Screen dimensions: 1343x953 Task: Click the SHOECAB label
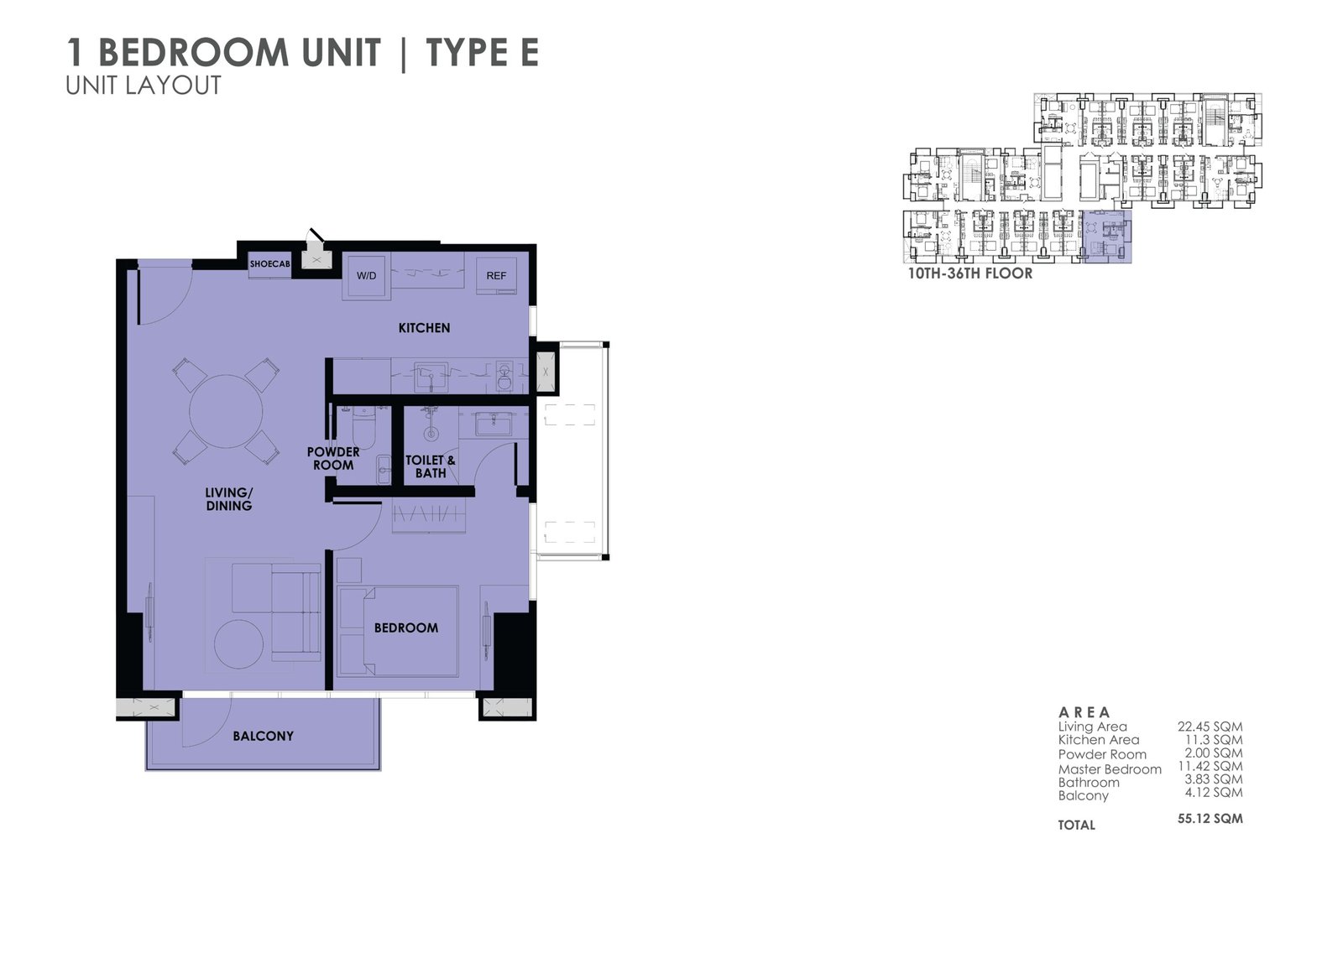[269, 263]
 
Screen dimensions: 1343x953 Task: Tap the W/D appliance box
[366, 276]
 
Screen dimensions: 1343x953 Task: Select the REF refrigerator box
[496, 276]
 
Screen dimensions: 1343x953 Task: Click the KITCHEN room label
[425, 328]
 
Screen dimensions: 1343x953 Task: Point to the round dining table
[226, 411]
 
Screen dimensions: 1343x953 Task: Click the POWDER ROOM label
[333, 459]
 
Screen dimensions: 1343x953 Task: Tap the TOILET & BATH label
[431, 467]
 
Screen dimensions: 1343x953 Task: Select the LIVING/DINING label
[229, 499]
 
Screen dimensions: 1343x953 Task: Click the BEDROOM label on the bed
[406, 628]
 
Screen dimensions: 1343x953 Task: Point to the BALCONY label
[264, 736]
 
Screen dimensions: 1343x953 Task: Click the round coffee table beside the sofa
[238, 644]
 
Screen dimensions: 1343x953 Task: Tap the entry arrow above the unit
[316, 236]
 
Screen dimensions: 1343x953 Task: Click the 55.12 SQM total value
[1210, 819]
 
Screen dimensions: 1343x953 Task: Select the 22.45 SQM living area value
[1210, 726]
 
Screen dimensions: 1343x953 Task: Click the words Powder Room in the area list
[1102, 755]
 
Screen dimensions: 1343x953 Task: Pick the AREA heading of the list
[1084, 712]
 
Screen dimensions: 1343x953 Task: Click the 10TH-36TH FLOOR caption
[970, 274]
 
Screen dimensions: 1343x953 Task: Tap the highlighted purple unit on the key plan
[1107, 236]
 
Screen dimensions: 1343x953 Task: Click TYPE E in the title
[483, 52]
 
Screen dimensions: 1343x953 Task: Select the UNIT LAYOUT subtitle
[144, 86]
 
